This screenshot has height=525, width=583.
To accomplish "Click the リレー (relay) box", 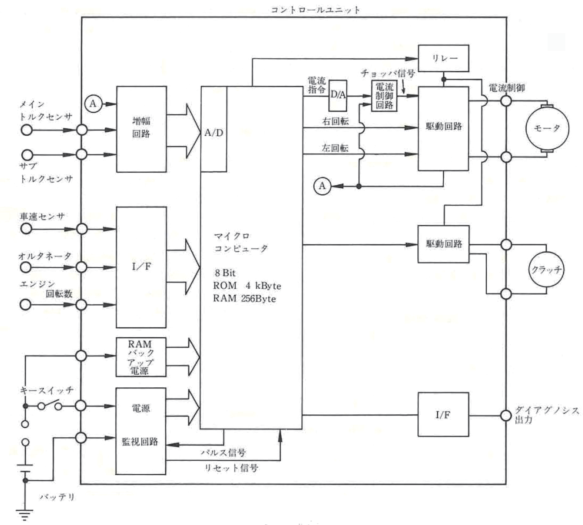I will coord(444,58).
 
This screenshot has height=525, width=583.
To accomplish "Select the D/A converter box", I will coord(338,95).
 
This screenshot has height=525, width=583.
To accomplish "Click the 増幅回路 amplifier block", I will coord(141,129).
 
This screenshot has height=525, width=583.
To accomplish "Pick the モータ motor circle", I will coord(547,128).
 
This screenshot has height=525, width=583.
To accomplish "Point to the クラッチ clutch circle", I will coord(546,270).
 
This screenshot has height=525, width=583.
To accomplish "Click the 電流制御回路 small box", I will coord(384,96).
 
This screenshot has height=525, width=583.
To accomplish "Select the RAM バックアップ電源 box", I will coord(141,357).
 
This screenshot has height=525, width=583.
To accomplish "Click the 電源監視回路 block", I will coord(141,431).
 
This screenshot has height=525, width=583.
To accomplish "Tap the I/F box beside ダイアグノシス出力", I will coord(443,415).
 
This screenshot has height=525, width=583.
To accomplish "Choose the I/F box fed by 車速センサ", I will coord(141,267).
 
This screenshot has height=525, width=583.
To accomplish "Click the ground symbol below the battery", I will coord(25,514).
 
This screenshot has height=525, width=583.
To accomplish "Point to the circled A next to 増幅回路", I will coord(93,104).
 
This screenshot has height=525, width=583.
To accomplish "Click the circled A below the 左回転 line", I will coord(322,186).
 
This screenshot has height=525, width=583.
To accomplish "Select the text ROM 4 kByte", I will coord(247,286).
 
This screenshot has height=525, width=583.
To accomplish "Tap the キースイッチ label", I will coord(47,390).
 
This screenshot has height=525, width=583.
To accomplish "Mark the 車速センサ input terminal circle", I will coord(26,229).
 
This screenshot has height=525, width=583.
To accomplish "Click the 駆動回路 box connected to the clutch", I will coord(443,244).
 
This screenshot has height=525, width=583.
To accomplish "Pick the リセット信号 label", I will coord(231,468).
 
